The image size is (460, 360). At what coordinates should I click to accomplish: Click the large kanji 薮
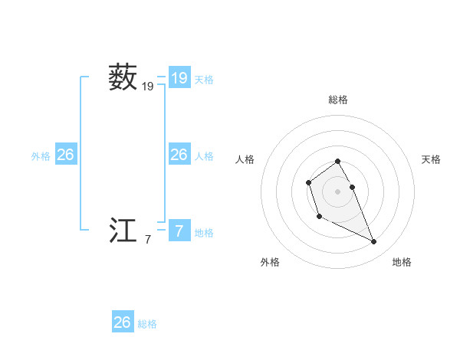coord(123,78)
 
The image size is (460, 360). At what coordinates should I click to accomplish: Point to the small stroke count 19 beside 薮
coord(147,87)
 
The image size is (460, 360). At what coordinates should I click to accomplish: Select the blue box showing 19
coord(179,77)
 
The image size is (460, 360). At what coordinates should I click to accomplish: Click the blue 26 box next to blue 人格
coord(179,155)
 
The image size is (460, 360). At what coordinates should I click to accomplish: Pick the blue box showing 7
coord(179,231)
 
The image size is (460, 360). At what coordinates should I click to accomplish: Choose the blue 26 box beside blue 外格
coord(65,155)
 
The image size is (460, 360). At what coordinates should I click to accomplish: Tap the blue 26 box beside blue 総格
coord(123,322)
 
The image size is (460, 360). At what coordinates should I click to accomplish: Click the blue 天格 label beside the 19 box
coord(204,80)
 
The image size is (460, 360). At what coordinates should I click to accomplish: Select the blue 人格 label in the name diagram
coord(204,156)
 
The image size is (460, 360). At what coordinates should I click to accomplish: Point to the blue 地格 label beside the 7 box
coord(204,233)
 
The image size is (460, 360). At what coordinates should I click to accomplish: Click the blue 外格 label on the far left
coord(41,156)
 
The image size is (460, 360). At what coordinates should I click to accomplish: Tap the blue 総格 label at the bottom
coord(147,324)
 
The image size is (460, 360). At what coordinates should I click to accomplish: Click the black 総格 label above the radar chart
coord(338,100)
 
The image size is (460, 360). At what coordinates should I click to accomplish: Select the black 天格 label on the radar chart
coord(431,159)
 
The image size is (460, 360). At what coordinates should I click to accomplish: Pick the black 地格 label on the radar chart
coord(402,262)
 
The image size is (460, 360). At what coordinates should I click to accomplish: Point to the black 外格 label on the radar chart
coord(270,262)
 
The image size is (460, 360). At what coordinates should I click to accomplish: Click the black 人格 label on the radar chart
coord(245,159)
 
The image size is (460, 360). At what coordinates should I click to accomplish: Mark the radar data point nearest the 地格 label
coord(374,242)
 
